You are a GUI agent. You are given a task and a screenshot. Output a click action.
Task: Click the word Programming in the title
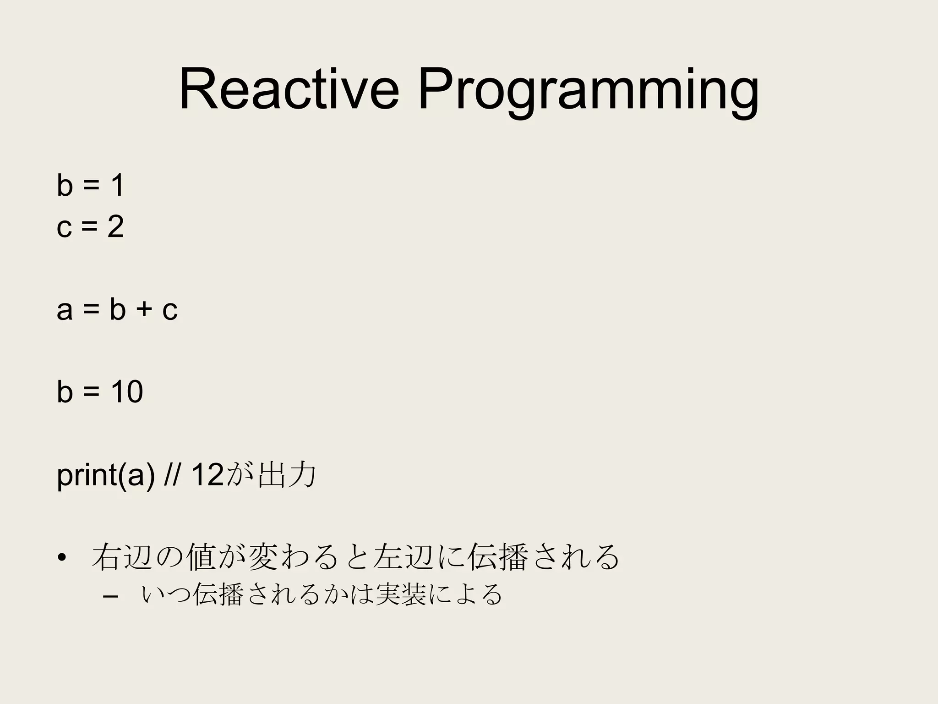588,91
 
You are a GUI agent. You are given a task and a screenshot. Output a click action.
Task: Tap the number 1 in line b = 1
116,186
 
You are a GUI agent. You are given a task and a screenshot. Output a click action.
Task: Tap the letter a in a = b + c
65,311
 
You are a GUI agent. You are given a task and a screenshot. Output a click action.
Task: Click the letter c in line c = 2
65,227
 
